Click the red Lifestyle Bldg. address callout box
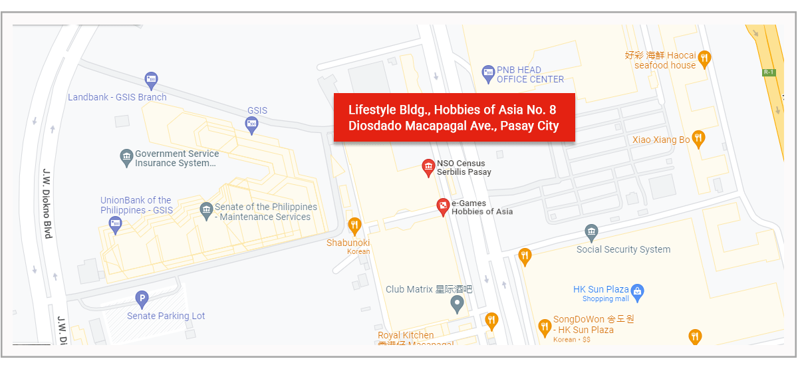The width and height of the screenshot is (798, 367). (x=454, y=117)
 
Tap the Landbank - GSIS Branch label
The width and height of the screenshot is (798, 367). (x=117, y=97)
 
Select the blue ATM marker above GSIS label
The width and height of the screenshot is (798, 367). (x=251, y=124)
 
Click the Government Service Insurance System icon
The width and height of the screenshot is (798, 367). (x=126, y=158)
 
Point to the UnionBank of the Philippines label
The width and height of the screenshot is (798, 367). (x=136, y=205)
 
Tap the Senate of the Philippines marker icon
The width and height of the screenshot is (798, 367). (x=206, y=211)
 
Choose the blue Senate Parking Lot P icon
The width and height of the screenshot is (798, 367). (x=141, y=300)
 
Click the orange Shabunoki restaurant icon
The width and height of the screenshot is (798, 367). (x=355, y=226)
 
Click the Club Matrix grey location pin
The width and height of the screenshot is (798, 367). (x=457, y=305)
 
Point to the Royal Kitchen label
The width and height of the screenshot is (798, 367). (x=406, y=335)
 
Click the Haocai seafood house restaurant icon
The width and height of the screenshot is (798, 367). (x=705, y=59)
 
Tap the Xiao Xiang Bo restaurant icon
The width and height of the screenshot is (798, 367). (x=698, y=139)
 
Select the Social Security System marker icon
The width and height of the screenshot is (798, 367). (x=591, y=233)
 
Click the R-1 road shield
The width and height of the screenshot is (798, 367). (x=769, y=72)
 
